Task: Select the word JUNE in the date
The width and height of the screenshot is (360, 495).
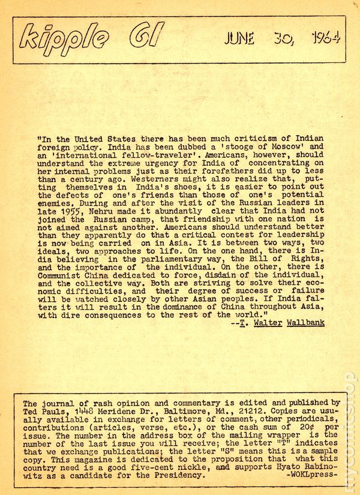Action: [x=239, y=40]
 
